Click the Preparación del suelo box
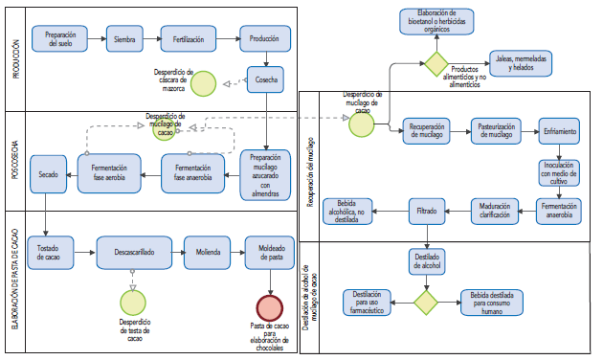click(x=59, y=38)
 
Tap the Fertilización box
click(x=188, y=38)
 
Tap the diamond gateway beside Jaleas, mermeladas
click(x=436, y=63)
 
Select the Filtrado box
click(x=425, y=208)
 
